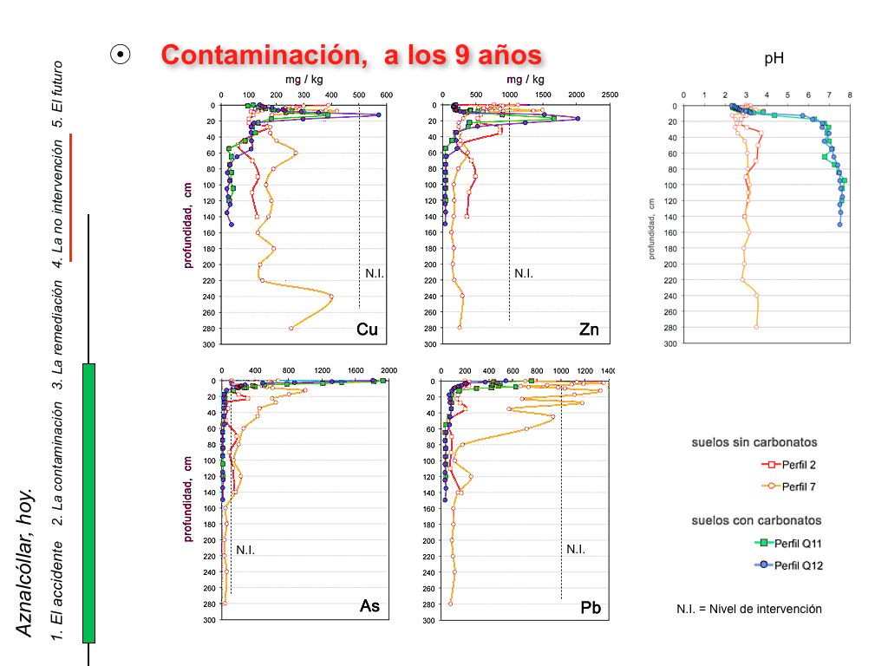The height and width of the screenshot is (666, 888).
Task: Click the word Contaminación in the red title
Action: point(257,55)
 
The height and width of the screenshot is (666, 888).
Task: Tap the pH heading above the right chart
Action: point(774,58)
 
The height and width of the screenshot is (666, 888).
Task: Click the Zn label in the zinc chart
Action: point(590,330)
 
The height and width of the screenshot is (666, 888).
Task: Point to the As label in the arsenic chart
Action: point(369,606)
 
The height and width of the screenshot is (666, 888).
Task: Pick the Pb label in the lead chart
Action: point(591,609)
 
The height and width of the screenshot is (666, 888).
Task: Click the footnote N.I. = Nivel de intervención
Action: point(748,609)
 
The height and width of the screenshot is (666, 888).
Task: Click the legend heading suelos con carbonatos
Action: point(756,520)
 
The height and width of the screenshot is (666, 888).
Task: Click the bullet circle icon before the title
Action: point(121,55)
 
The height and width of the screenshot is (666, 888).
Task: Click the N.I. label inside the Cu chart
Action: point(375,273)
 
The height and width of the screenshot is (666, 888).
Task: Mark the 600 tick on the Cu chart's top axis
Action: point(386,95)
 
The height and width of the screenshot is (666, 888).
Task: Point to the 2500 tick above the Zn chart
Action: point(610,95)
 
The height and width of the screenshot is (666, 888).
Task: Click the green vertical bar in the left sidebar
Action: point(88,503)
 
